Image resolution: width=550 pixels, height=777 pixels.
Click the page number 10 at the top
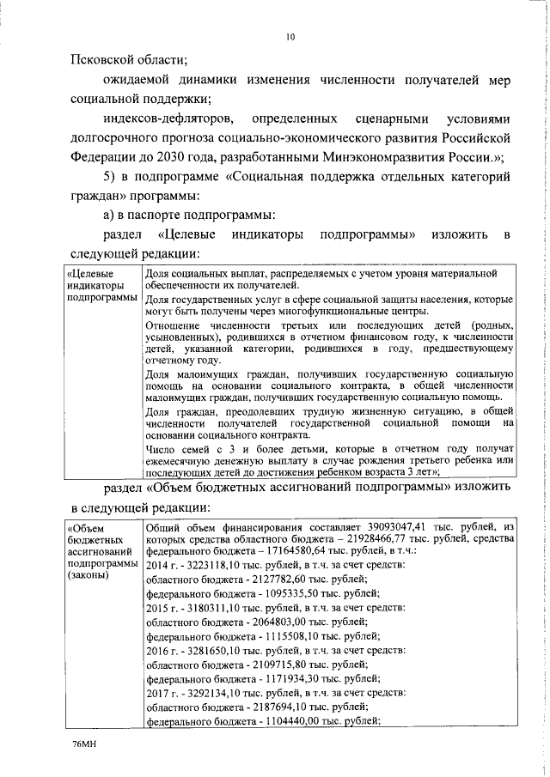pos(290,36)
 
